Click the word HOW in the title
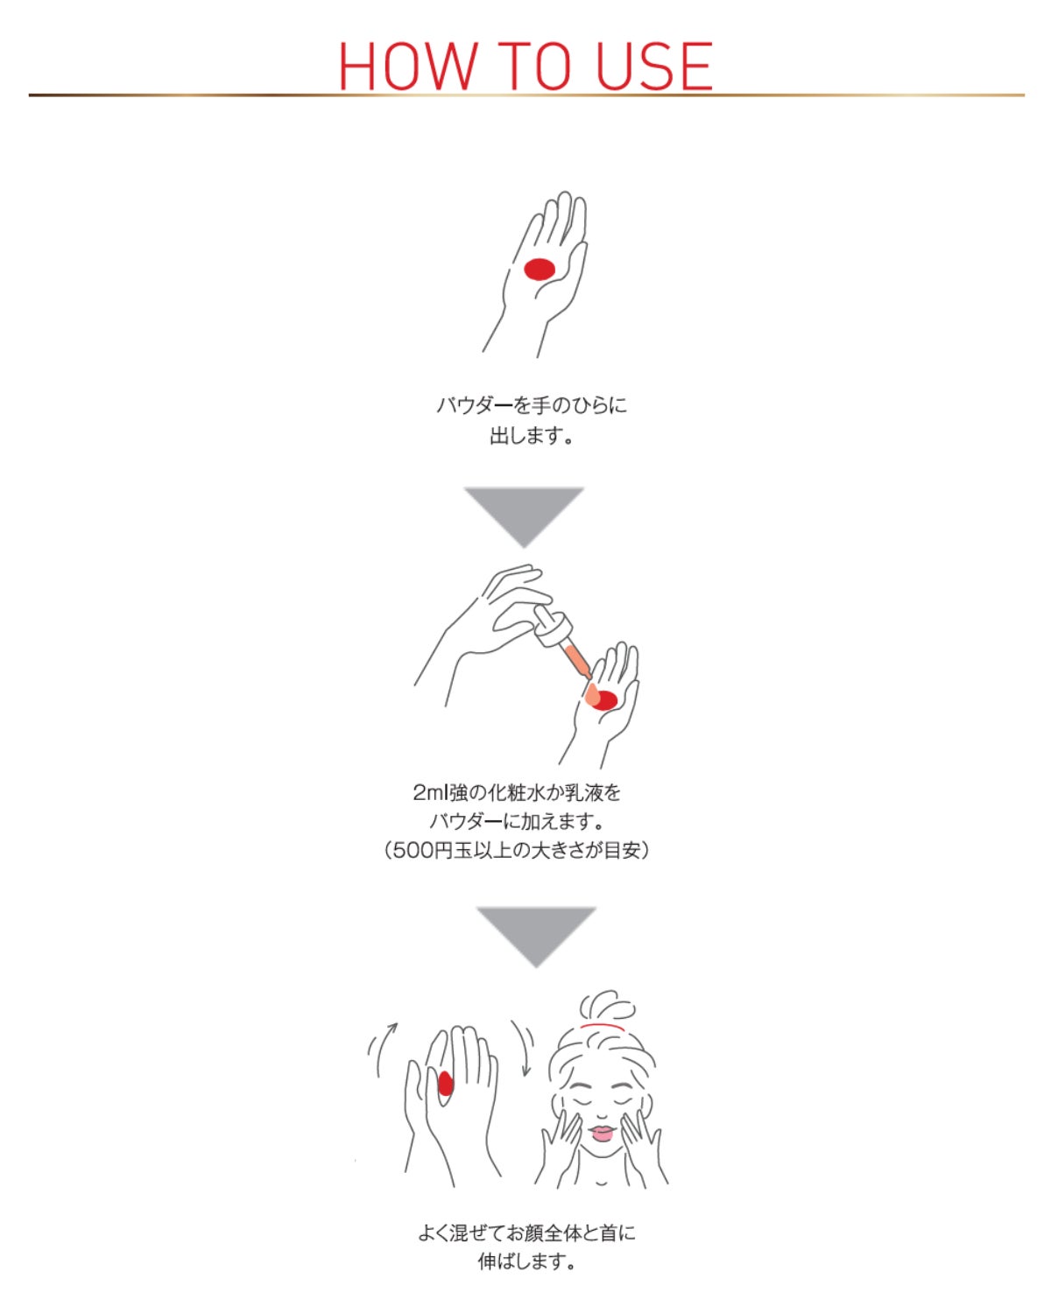408,66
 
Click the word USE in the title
653,66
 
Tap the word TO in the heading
534,66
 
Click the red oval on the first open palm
540,269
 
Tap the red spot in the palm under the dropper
603,699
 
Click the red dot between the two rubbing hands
446,1084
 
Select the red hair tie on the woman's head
603,1026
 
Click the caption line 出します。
531,436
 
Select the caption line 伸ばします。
525,1261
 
